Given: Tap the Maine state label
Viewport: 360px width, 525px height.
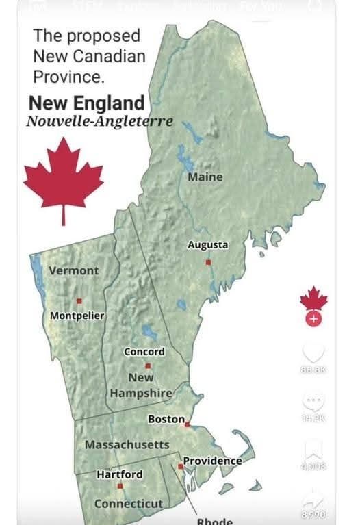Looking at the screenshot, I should (205, 177).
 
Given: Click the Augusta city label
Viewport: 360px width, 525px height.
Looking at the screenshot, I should (208, 244).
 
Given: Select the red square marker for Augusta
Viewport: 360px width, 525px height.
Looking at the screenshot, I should (209, 261).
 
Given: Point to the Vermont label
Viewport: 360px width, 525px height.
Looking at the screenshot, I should (74, 270).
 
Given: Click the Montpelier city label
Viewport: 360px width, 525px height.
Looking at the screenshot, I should (77, 316).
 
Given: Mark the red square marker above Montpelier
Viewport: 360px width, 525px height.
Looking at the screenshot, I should (79, 300).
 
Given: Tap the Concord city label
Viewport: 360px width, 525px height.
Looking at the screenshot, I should (144, 351).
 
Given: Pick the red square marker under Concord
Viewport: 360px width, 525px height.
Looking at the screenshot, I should (147, 366).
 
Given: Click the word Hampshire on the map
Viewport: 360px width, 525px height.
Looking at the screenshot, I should (141, 393).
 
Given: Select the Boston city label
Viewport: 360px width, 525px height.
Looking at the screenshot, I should (166, 418).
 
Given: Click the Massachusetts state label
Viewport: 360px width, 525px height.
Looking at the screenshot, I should (127, 445).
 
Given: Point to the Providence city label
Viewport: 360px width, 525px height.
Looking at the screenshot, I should (212, 461).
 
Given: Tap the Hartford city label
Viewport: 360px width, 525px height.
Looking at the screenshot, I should (120, 474).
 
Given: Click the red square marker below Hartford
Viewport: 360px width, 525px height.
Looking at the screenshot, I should (120, 487).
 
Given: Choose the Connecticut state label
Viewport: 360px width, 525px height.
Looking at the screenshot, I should (129, 504).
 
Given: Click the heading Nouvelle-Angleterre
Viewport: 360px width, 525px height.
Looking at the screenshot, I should (99, 122).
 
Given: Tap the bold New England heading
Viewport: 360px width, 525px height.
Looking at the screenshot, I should (87, 103).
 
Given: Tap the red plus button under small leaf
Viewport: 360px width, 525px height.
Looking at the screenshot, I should (313, 319).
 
